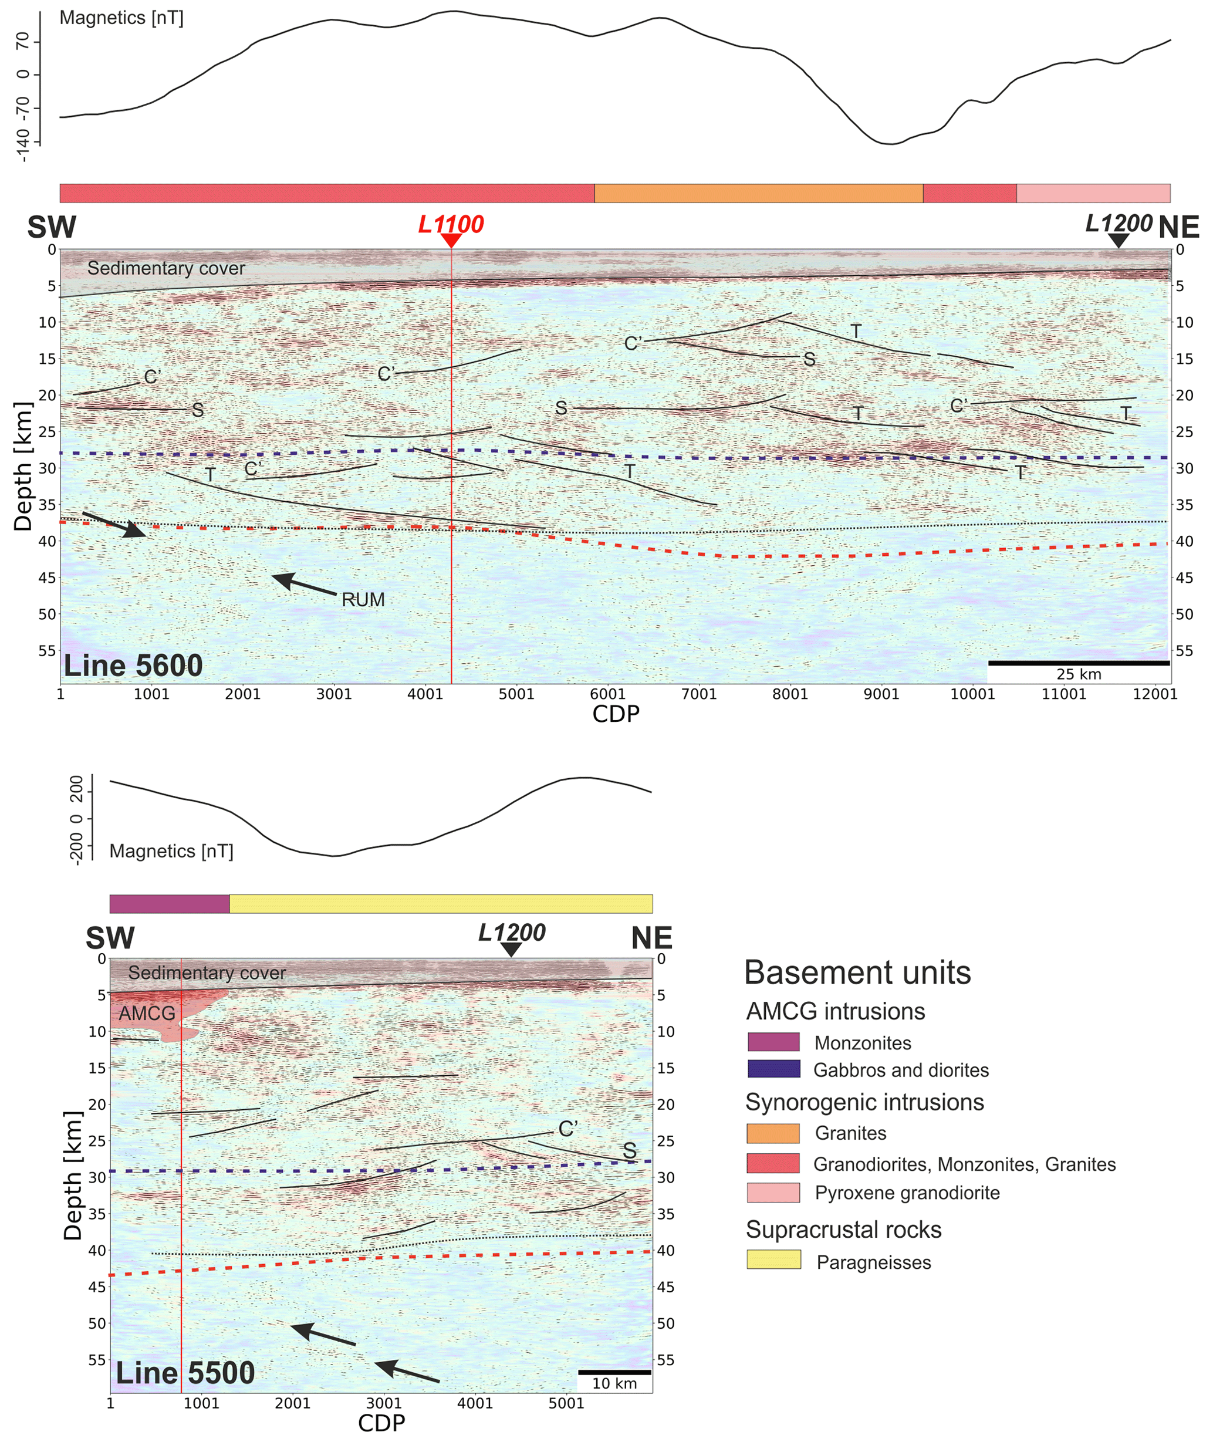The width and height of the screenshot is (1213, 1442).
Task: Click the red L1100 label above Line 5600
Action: click(x=451, y=224)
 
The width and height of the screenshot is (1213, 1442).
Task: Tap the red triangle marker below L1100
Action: click(x=451, y=241)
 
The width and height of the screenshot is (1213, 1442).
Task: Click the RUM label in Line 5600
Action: click(x=363, y=600)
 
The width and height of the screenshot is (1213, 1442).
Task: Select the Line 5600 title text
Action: click(x=133, y=666)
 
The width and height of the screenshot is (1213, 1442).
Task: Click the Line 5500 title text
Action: click(x=185, y=1373)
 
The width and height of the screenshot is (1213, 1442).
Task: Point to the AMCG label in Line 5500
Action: click(x=147, y=1013)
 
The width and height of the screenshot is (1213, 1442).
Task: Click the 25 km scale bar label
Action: click(x=1078, y=674)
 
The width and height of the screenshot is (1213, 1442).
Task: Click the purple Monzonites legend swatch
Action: click(x=773, y=1042)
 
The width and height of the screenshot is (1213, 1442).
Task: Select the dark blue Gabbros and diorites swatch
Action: click(x=773, y=1069)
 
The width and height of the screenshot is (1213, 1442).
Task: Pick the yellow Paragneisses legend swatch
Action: click(x=773, y=1259)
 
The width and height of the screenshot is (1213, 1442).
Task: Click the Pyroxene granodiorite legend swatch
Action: click(x=773, y=1193)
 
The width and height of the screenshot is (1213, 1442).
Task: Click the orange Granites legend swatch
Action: click(x=773, y=1133)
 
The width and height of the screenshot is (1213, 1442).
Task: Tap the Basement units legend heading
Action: click(x=857, y=972)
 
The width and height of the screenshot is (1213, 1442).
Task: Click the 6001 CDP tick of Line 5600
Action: click(x=607, y=694)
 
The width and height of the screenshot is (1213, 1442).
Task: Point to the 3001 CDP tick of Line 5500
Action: click(x=384, y=1403)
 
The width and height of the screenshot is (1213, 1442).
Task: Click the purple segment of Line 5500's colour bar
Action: click(x=169, y=904)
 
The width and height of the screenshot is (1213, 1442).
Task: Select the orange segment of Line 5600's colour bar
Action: click(x=758, y=193)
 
